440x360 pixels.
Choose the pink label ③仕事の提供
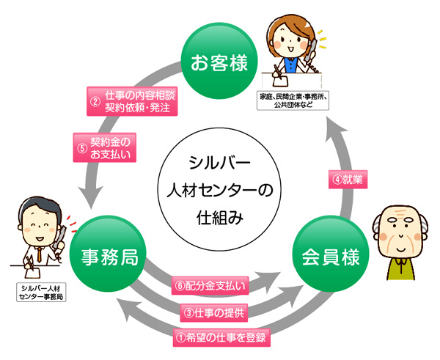click(217, 312)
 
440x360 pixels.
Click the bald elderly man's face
click(400, 235)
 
